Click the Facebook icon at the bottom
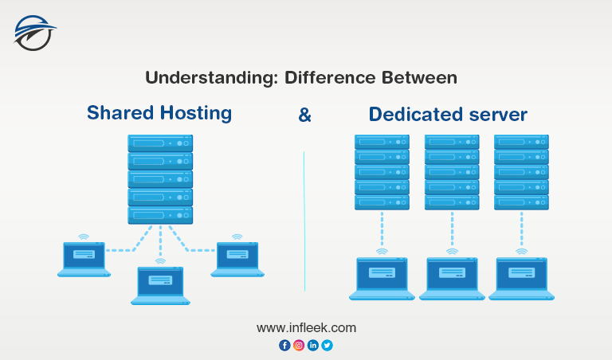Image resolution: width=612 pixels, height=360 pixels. click(x=284, y=345)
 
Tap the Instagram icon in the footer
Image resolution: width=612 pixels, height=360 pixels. click(x=299, y=345)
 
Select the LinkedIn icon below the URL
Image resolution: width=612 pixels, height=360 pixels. click(x=313, y=345)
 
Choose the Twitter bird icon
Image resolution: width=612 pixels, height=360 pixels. click(x=328, y=345)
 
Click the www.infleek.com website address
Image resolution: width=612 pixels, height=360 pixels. click(x=306, y=327)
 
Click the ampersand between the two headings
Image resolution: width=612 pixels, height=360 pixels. click(x=304, y=115)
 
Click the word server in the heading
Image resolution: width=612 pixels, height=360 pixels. click(x=497, y=115)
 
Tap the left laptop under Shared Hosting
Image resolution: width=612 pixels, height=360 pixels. click(x=84, y=259)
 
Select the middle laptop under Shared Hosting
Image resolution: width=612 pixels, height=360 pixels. click(x=160, y=285)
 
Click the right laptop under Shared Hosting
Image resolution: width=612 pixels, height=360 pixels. click(x=237, y=259)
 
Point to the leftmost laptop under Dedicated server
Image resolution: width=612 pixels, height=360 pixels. click(x=382, y=279)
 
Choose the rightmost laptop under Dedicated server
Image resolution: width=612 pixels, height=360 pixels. click(x=521, y=279)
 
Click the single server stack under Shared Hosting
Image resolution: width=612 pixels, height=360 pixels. click(x=160, y=179)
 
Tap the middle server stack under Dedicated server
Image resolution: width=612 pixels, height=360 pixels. click(x=452, y=172)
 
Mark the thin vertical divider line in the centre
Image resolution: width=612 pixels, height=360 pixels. click(x=304, y=221)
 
